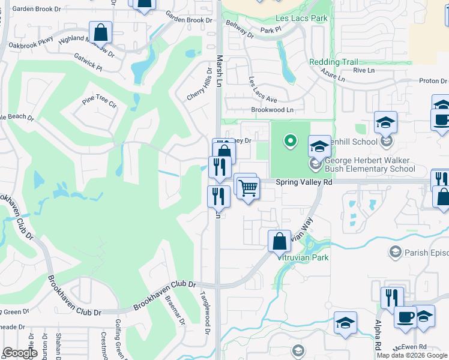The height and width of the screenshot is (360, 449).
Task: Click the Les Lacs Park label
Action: pyautogui.click(x=301, y=19)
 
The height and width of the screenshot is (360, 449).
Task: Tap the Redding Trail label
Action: pyautogui.click(x=333, y=62)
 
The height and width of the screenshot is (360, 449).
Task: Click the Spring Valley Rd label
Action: pyautogui.click(x=304, y=182)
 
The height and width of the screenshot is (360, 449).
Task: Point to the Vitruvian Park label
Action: pyautogui.click(x=303, y=257)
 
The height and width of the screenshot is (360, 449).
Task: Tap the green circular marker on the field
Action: pyautogui.click(x=290, y=141)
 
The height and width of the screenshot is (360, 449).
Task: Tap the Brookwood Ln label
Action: pyautogui.click(x=273, y=110)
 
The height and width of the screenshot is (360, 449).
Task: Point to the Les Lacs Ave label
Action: pyautogui.click(x=263, y=89)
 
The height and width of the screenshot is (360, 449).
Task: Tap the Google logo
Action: pyautogui.click(x=20, y=353)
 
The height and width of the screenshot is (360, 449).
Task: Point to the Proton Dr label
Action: pyautogui.click(x=433, y=81)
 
